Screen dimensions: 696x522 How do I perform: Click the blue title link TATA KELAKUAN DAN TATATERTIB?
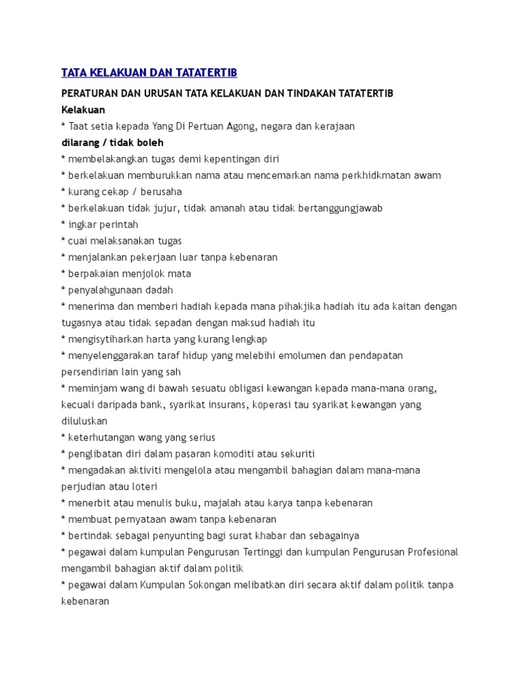tap(149, 72)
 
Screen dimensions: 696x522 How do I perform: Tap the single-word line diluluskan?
tap(84, 421)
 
